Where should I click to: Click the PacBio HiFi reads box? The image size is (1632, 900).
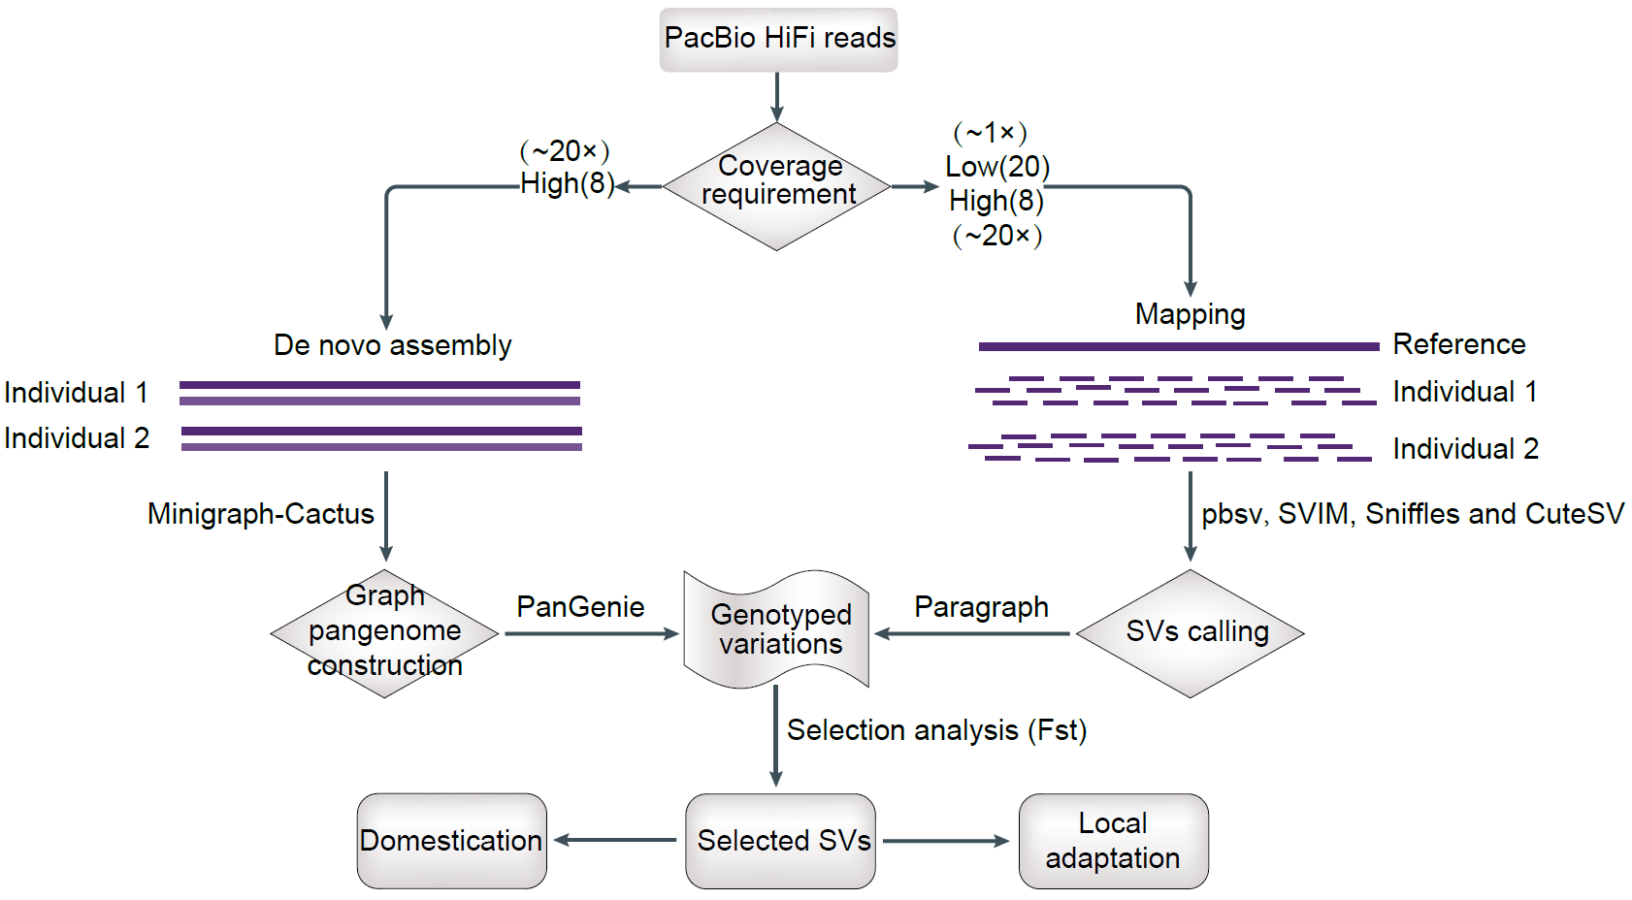(778, 40)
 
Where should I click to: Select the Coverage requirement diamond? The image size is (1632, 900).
(777, 185)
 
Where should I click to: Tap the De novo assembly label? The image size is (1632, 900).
(392, 345)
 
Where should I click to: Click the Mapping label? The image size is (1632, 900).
(1190, 314)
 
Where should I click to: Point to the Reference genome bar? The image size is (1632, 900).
(1178, 346)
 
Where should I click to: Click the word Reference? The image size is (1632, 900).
(1458, 344)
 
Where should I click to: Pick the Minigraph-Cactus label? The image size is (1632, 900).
(260, 514)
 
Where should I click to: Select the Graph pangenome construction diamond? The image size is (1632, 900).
(384, 632)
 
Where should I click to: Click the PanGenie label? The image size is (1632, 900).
(580, 607)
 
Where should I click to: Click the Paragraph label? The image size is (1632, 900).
(981, 607)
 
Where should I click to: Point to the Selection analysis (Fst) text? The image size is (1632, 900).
(936, 730)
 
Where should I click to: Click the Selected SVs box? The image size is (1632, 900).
(781, 841)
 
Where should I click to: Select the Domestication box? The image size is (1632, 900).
(451, 841)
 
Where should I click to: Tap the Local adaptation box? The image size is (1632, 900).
(1113, 841)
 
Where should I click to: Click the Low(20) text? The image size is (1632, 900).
(997, 167)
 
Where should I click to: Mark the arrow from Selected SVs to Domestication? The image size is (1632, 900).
(615, 840)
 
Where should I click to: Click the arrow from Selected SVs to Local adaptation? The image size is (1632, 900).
(946, 841)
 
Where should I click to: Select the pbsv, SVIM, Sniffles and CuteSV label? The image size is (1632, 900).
(1412, 514)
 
